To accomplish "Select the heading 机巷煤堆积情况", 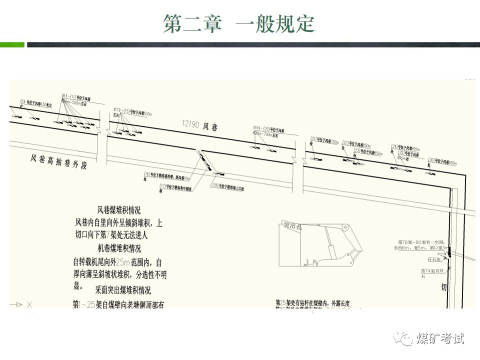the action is (119, 248).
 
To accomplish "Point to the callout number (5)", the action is (22, 102).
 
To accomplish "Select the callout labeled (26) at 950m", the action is (442, 161).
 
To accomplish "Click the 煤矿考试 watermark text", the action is (440, 339).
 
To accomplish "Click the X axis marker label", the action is (29, 304).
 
